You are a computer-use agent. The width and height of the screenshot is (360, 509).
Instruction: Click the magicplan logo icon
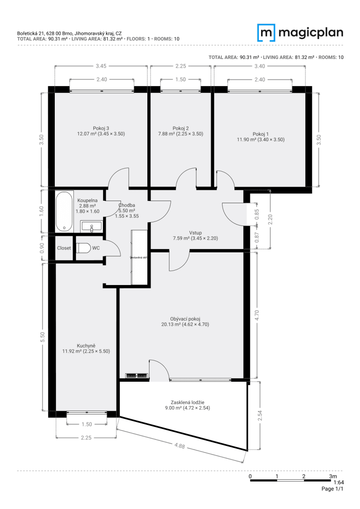(267, 33)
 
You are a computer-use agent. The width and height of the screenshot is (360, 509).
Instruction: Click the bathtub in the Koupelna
(64, 211)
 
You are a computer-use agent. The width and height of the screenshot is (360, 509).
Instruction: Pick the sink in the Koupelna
(91, 227)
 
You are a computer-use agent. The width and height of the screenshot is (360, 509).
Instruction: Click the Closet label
(64, 248)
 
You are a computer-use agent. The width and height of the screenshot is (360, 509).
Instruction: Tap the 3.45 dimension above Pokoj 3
(101, 66)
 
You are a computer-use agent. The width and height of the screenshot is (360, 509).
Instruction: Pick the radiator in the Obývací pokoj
(136, 375)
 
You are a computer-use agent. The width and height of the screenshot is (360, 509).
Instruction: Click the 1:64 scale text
(338, 482)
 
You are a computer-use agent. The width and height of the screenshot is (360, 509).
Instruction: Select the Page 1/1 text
(332, 489)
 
